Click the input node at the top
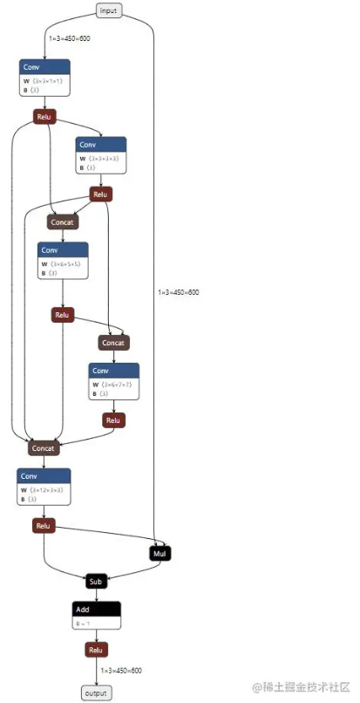pos(108,10)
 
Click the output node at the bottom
pos(96,693)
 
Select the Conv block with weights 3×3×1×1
pos(44,78)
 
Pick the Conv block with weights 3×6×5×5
pos(63,261)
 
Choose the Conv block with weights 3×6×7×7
pos(113,380)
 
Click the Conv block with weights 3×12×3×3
pos(43,488)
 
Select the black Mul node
pos(160,553)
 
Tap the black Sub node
pos(96,581)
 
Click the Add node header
pos(96,609)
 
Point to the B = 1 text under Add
pos(83,623)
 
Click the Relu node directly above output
pos(96,650)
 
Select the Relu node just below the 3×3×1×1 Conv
pos(44,116)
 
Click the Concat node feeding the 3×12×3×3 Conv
pos(43,448)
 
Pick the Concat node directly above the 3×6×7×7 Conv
pos(113,343)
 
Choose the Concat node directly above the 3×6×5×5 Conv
pos(63,222)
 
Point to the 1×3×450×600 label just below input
pos(70,39)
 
